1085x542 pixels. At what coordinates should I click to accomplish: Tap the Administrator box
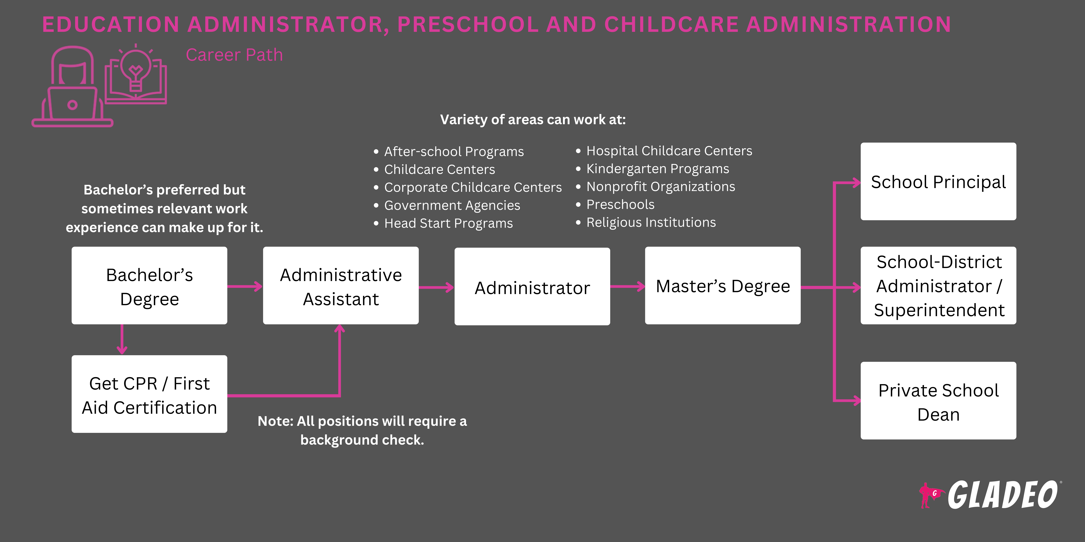(x=532, y=286)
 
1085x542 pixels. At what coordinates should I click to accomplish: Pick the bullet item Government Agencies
(x=452, y=205)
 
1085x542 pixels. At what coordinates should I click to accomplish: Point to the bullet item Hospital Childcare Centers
(x=669, y=151)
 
